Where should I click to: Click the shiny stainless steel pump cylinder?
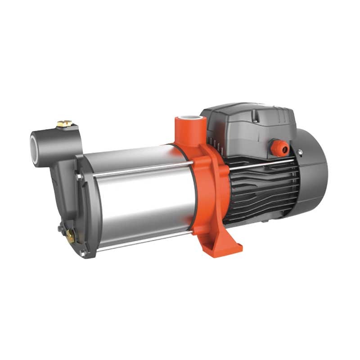coord(139,193)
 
